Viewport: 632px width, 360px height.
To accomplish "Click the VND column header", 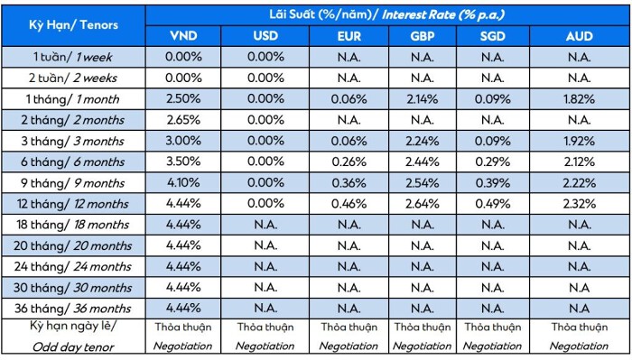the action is tap(183, 36).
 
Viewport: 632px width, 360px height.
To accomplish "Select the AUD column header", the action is tap(580, 36).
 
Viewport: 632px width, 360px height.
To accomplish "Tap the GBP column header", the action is tap(423, 36).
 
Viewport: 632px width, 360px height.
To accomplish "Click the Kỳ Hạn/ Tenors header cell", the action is tap(73, 25).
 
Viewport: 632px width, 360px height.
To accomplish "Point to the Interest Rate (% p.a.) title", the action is tap(443, 15).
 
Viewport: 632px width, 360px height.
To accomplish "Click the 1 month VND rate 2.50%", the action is tap(183, 98).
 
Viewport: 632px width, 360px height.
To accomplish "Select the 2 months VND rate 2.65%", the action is tap(183, 120).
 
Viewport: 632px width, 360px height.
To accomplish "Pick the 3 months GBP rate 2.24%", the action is tap(423, 141).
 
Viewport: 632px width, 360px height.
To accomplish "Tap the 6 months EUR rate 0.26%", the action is tap(349, 162).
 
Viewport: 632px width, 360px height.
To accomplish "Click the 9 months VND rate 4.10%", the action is tap(183, 182).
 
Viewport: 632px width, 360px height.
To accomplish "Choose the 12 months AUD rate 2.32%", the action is tap(580, 204).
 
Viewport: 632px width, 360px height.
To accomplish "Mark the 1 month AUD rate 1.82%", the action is tap(580, 99).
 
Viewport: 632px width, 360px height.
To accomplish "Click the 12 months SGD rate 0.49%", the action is tap(493, 204).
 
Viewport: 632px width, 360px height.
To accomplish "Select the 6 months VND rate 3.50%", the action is tap(183, 162).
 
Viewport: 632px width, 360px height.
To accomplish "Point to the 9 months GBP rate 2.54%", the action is tap(423, 183).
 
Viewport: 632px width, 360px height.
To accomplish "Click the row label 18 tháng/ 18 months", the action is tap(73, 225).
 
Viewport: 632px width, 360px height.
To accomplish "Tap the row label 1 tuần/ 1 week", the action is tap(73, 57).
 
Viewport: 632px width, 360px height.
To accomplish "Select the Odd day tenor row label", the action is tap(73, 346).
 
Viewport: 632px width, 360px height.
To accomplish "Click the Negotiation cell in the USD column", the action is tap(265, 346).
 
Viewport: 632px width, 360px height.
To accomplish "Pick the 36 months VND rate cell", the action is tap(183, 308).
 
